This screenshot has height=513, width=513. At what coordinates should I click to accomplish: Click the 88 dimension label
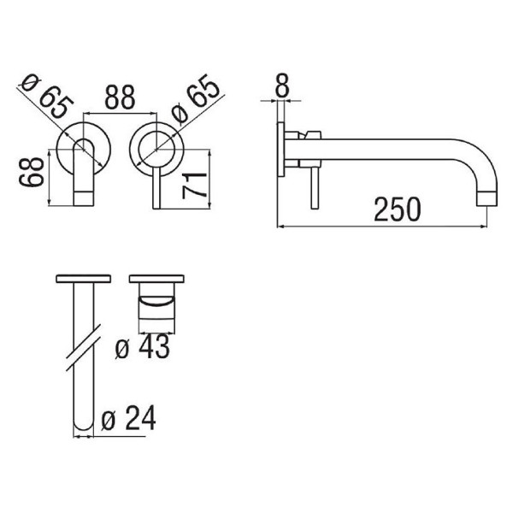pos(120,97)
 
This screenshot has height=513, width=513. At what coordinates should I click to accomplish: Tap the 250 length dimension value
pos(398,209)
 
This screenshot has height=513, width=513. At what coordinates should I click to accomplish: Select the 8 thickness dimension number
pos(282,85)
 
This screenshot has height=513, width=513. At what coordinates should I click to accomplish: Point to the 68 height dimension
pos(32,172)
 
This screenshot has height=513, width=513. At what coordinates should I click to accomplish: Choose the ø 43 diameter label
pos(143,346)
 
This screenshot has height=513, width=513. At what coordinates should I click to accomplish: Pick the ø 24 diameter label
pos(128,418)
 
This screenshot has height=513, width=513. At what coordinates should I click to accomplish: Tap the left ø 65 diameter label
pos(47,97)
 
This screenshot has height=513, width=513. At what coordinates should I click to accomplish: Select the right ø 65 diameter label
pos(196,99)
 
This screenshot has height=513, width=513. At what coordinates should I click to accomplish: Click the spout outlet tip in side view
pos(486,199)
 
